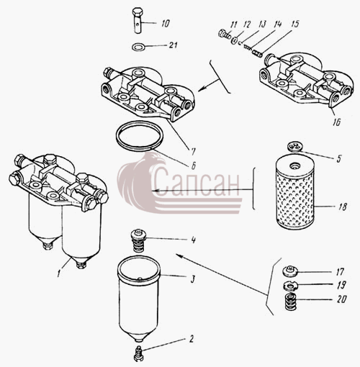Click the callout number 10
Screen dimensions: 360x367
(x=166, y=23)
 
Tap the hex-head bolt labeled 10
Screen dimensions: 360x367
(x=138, y=21)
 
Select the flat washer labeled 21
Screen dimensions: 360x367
(x=138, y=46)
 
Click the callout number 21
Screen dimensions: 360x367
(x=173, y=45)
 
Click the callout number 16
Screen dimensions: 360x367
(x=337, y=122)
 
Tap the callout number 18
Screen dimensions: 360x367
(x=342, y=207)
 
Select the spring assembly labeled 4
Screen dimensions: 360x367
(x=139, y=241)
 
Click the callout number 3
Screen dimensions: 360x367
(x=192, y=279)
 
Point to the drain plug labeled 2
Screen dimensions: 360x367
(x=139, y=354)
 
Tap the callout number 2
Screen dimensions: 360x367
(x=192, y=339)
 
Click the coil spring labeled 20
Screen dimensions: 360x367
(x=290, y=302)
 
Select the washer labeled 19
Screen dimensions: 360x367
(x=290, y=286)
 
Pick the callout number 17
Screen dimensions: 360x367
(x=340, y=272)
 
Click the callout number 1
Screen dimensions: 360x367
(x=58, y=273)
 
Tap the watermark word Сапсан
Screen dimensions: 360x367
(x=197, y=181)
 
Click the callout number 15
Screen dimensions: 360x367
(x=294, y=24)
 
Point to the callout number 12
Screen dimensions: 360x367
(x=247, y=24)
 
